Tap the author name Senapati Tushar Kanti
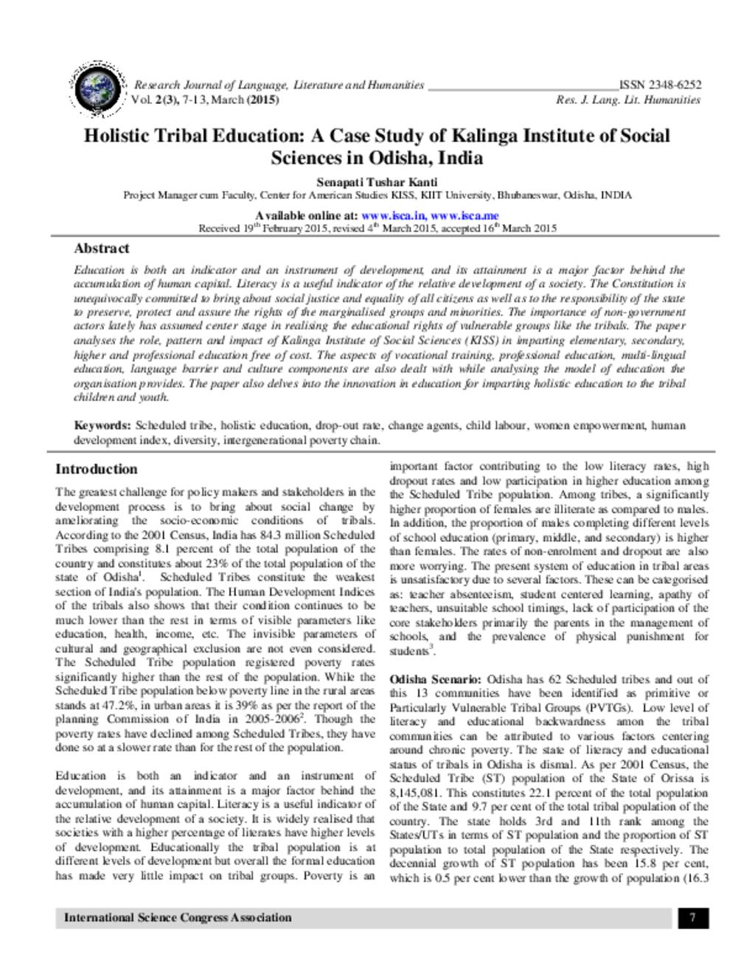click(377, 182)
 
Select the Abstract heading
click(102, 248)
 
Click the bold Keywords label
click(102, 425)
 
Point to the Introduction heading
click(97, 469)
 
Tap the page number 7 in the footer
click(693, 917)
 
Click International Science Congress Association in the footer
click(178, 917)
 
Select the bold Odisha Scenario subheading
click(436, 679)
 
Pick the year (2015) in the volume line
click(262, 100)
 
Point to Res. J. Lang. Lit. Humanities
click(628, 100)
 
